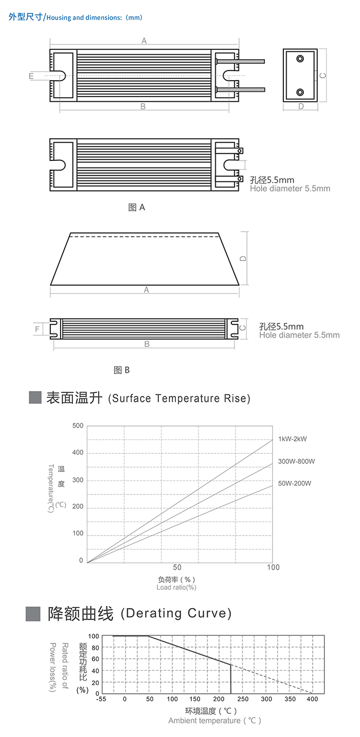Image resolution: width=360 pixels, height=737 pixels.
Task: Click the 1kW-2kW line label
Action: point(293,439)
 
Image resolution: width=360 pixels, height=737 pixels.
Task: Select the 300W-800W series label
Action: point(296,461)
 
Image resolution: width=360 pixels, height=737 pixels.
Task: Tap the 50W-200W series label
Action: point(295,483)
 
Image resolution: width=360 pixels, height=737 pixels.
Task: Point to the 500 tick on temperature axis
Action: point(78,426)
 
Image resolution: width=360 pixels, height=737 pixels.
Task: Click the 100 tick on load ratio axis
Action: point(274,567)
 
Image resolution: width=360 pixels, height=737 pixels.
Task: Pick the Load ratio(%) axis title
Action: point(176,587)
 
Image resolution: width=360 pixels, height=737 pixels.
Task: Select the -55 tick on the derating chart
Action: point(101,699)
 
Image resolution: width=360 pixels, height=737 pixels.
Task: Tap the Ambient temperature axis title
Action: point(215,721)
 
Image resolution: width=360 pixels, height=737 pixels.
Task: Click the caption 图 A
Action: point(136,207)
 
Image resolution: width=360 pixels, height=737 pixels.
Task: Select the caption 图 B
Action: point(121,370)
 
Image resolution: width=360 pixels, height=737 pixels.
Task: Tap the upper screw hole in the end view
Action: point(300,59)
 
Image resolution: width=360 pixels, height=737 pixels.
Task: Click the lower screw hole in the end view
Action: point(300,93)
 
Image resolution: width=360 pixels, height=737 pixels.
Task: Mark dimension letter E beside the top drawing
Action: point(31,76)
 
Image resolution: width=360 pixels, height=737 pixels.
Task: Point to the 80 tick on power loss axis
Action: point(95,648)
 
